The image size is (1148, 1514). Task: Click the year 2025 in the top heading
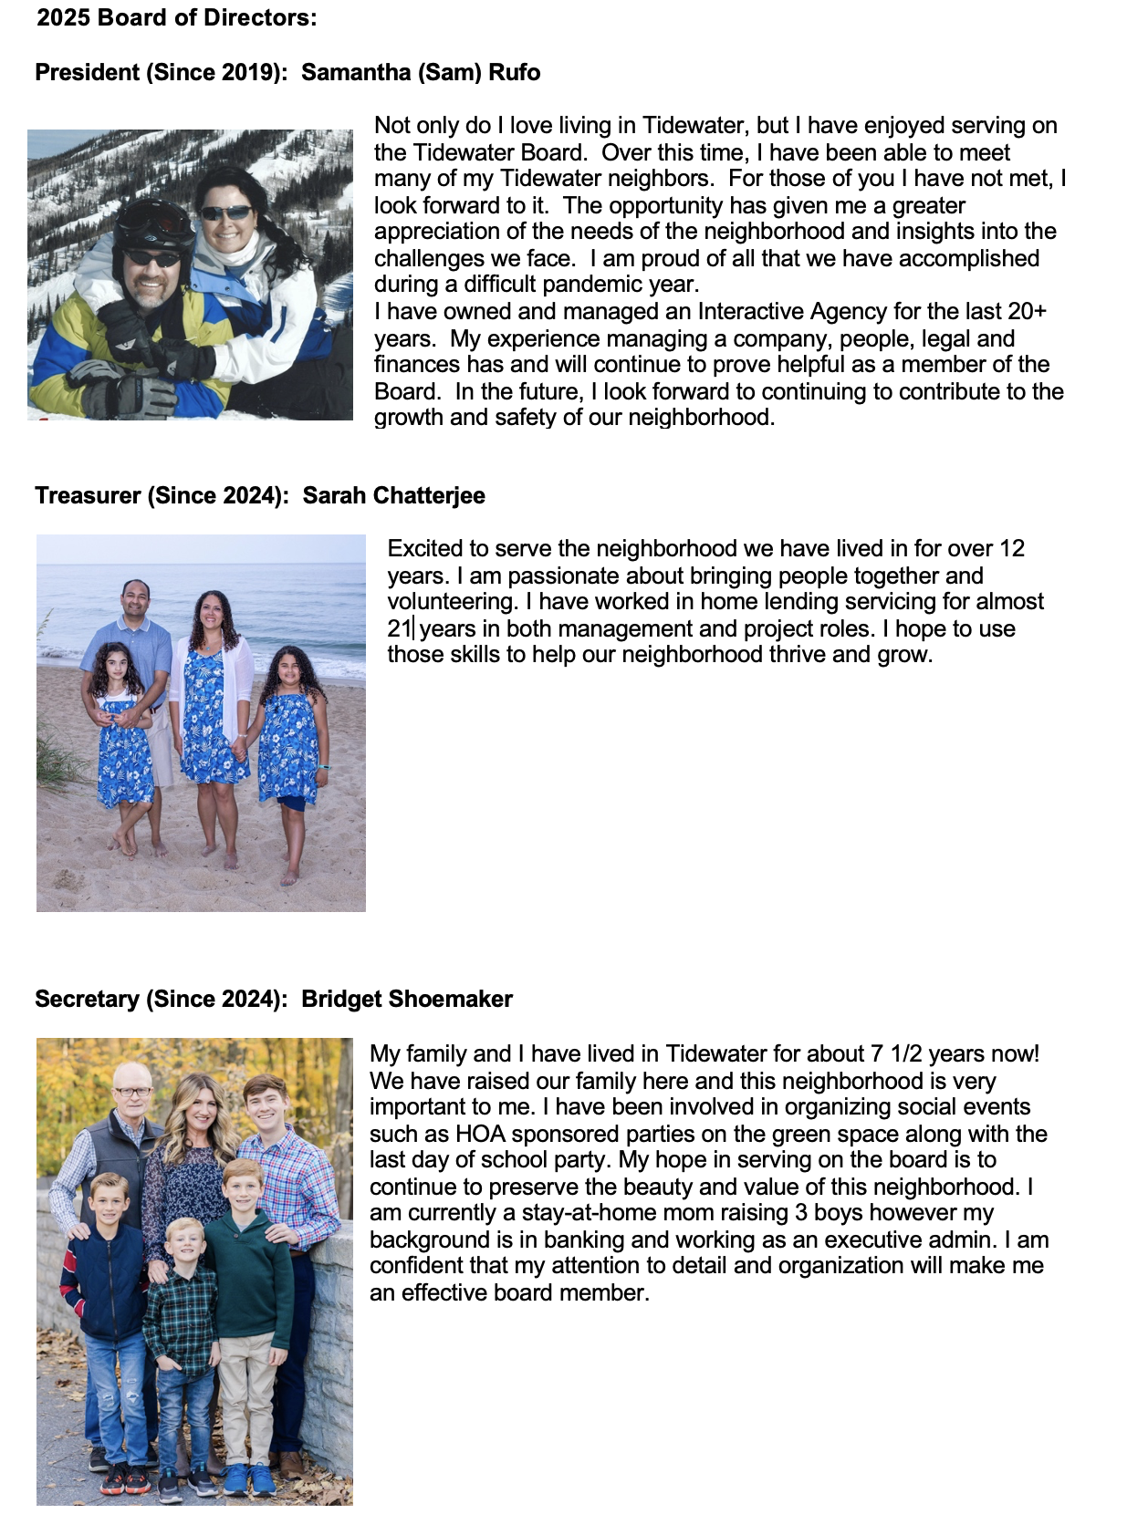[62, 17]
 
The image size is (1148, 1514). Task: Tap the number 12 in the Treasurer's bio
[1012, 549]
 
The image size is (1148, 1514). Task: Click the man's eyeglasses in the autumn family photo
[132, 1092]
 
